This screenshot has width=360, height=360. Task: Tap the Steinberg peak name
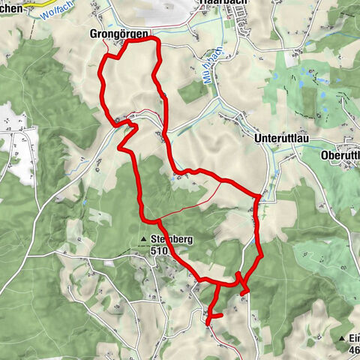(x=171, y=240)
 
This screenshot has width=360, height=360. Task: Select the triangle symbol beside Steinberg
(x=144, y=241)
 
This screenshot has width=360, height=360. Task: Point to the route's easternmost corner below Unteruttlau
(x=259, y=197)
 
